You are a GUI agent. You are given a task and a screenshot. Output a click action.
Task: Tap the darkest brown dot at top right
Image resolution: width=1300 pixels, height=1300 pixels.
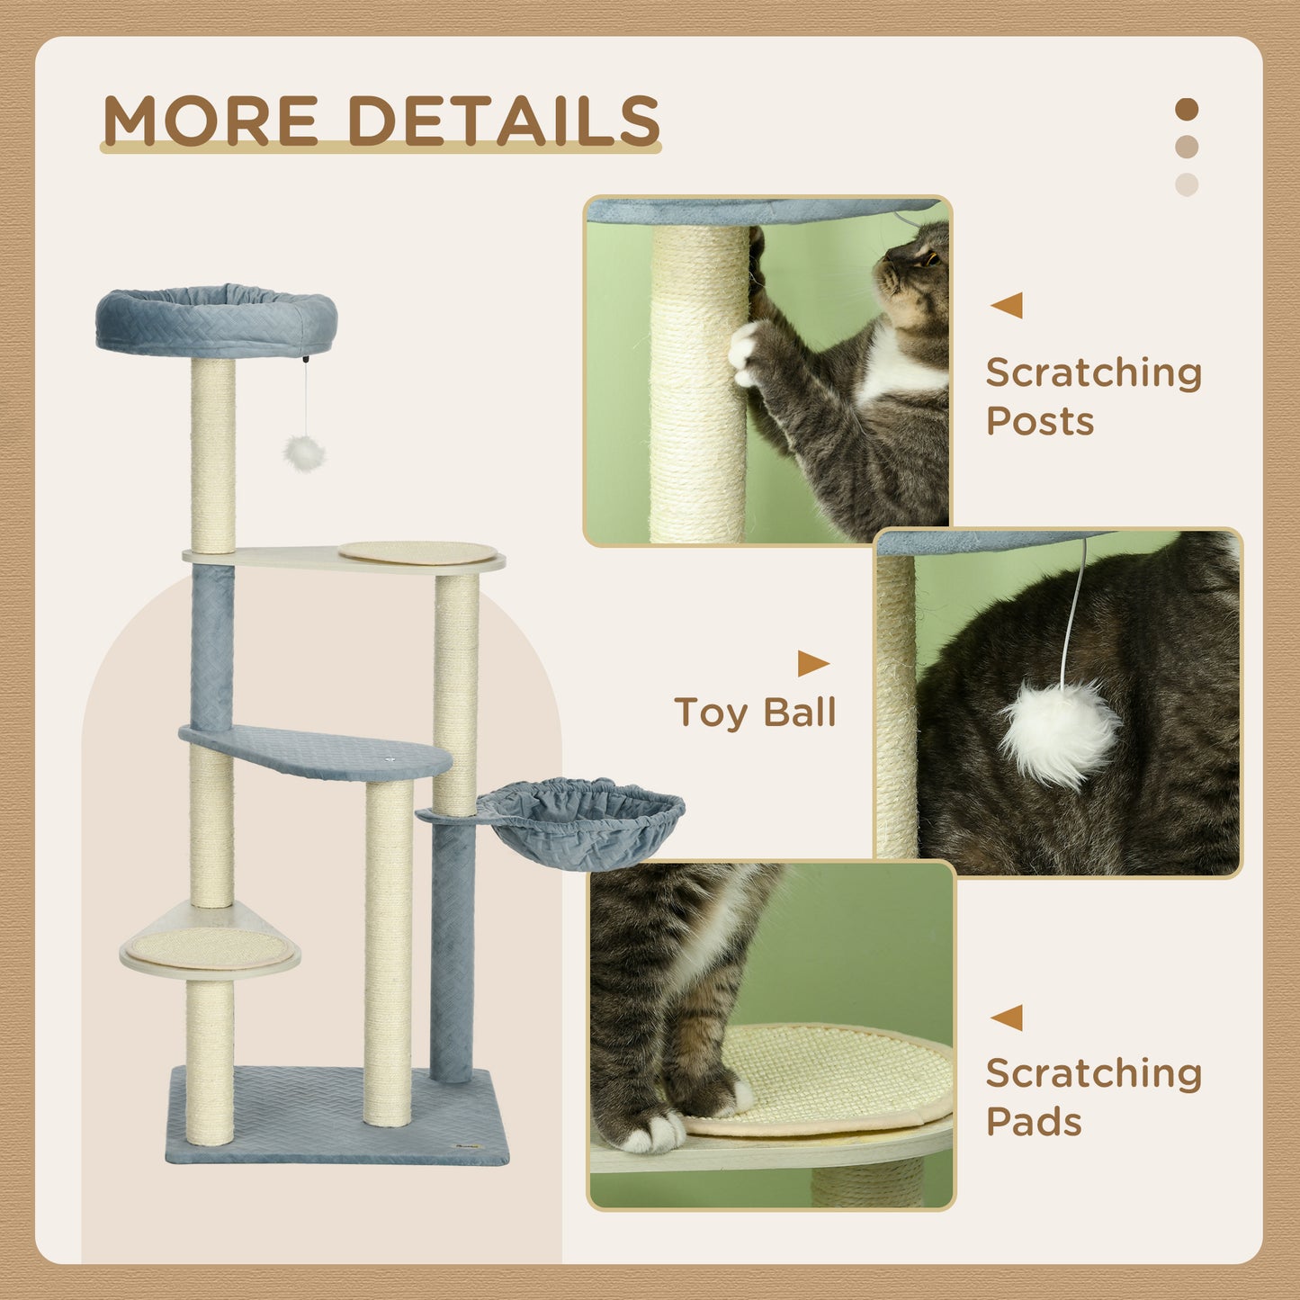1187,110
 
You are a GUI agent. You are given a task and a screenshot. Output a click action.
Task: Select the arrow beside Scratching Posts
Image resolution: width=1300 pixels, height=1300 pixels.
1007,305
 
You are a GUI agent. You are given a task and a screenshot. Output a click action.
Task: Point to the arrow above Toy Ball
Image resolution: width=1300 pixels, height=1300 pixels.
812,664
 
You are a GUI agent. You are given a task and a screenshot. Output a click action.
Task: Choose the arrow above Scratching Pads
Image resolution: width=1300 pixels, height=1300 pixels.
1007,1018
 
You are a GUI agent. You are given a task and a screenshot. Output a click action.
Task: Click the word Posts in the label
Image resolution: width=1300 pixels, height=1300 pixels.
1039,421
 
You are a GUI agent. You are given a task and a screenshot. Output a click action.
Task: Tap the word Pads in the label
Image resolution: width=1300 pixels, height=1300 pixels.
1033,1122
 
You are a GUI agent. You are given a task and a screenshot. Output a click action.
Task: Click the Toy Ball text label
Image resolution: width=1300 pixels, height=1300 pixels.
755,713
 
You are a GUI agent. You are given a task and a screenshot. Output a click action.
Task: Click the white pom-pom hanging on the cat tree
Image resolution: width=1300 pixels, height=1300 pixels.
303,453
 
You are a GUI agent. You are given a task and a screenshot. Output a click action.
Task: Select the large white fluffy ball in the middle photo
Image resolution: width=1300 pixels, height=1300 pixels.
1060,733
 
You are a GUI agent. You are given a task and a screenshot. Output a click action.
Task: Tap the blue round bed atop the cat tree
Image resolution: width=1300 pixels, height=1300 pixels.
216,320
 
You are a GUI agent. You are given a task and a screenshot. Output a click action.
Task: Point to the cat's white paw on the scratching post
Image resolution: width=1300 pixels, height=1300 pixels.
745,354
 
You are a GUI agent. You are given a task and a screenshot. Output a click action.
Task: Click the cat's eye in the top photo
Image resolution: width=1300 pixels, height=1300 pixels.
928,260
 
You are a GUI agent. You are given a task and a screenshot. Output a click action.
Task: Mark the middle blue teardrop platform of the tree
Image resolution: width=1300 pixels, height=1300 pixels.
315,753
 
